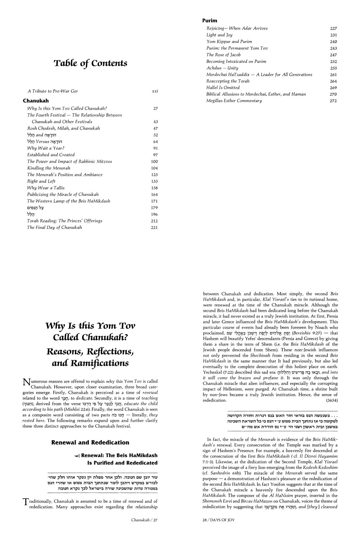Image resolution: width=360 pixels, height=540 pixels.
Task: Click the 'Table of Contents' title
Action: (90, 64)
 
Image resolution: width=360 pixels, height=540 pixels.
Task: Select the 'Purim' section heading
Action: (210, 21)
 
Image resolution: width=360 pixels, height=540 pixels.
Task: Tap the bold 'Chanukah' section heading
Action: (36, 101)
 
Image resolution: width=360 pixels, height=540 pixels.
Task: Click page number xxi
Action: (155, 91)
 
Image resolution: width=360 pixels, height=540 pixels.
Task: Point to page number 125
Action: (154, 175)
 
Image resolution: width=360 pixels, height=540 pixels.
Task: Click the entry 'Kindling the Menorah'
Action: (49, 168)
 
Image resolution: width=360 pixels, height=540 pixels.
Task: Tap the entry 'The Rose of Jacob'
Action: (223, 55)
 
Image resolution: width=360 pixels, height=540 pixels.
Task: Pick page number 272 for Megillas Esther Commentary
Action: (333, 101)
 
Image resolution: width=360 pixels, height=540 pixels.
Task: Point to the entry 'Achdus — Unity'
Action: (222, 68)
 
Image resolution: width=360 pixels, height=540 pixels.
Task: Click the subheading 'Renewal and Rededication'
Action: (90, 442)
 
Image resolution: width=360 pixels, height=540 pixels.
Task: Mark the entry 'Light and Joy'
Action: (219, 35)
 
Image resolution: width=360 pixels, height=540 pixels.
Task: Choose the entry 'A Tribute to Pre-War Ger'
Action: (53, 91)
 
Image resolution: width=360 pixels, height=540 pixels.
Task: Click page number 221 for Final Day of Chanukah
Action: (154, 228)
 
